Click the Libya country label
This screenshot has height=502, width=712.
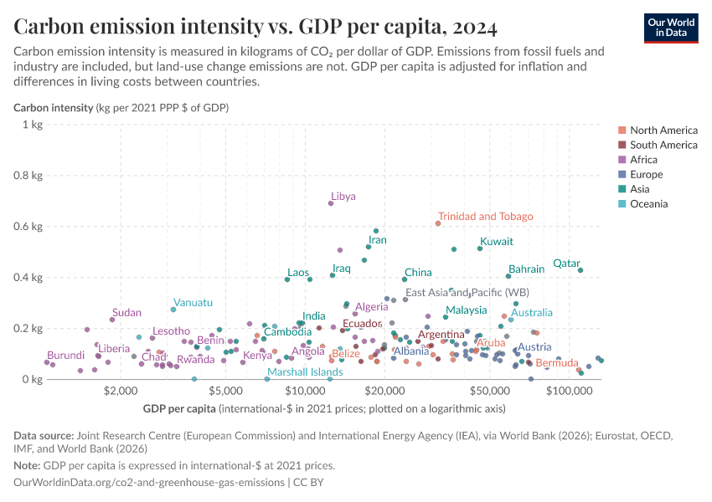(343, 197)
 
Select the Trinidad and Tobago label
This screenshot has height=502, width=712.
(485, 217)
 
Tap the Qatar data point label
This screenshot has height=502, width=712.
(567, 264)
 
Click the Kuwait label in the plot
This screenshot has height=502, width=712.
(496, 242)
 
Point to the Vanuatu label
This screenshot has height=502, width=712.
(193, 302)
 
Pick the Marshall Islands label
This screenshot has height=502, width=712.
(305, 372)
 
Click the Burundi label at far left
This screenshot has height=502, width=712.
(65, 356)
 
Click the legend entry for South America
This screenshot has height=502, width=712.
(663, 145)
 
